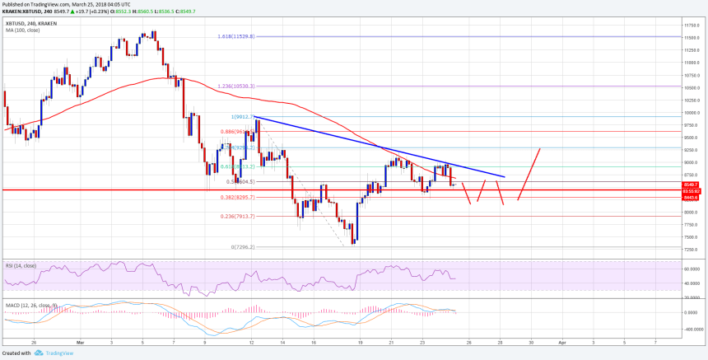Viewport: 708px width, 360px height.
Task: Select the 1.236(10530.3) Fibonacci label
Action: coord(237,86)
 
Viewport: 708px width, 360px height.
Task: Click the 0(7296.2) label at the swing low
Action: coord(245,246)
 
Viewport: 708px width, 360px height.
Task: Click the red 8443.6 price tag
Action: coord(691,198)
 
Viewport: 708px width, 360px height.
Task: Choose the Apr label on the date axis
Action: coord(561,340)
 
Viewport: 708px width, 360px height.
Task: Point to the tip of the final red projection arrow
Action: coord(540,148)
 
